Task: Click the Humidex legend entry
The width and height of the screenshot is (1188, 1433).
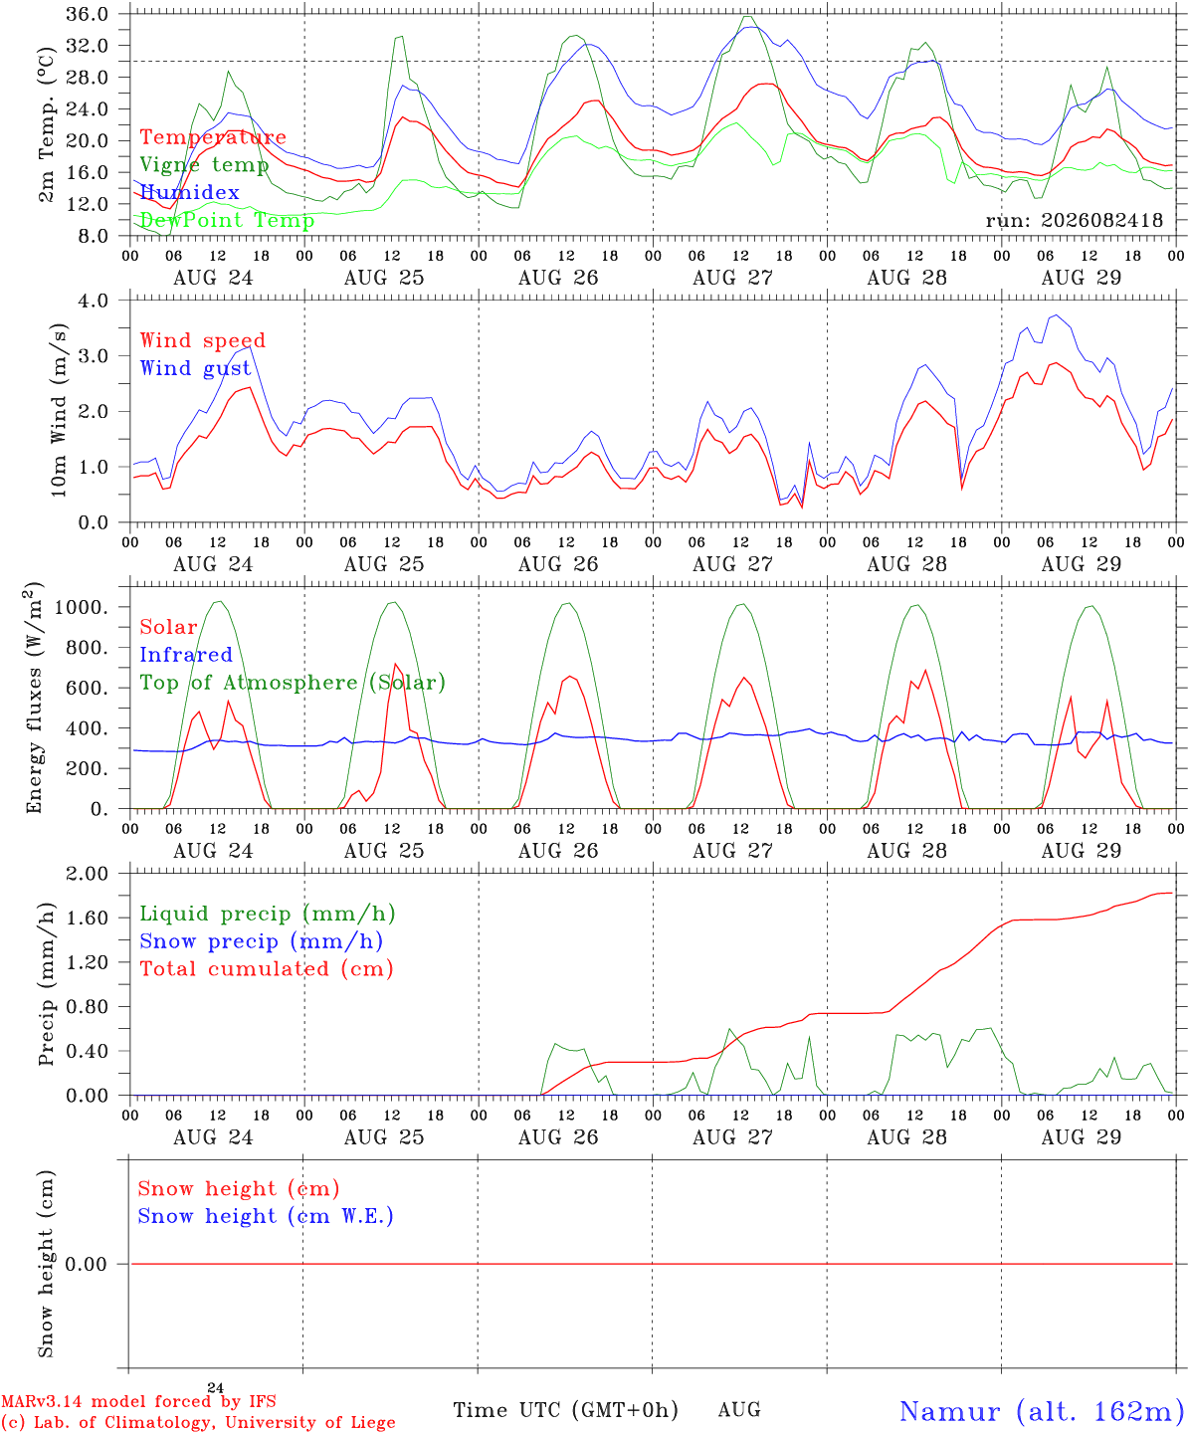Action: click(189, 192)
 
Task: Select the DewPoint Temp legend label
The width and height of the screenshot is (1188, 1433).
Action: click(227, 220)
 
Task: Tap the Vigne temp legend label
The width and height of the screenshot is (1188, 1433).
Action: click(204, 165)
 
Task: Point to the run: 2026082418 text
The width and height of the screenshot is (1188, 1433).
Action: click(1074, 220)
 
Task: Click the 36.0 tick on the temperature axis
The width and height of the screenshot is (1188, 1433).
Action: click(87, 14)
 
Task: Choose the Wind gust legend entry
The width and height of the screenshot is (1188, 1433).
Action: click(196, 368)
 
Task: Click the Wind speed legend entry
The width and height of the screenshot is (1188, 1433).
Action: click(202, 341)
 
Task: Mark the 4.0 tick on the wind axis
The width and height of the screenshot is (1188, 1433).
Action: click(93, 301)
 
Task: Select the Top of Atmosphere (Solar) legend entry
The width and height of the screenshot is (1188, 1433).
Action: click(294, 683)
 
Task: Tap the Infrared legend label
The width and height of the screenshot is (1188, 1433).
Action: click(186, 655)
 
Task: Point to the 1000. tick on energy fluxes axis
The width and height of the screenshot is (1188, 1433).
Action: click(81, 607)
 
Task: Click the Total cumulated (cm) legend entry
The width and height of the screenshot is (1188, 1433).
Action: click(267, 968)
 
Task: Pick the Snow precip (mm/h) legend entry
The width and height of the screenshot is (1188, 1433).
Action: click(262, 941)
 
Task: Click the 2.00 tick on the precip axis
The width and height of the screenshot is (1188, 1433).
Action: click(87, 874)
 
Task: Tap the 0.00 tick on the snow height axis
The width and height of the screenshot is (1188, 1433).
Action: click(86, 1264)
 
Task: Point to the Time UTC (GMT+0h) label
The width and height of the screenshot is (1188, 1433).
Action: click(565, 1410)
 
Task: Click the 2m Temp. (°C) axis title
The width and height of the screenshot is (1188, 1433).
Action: click(46, 125)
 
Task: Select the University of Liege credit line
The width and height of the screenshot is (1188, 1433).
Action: click(199, 1422)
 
